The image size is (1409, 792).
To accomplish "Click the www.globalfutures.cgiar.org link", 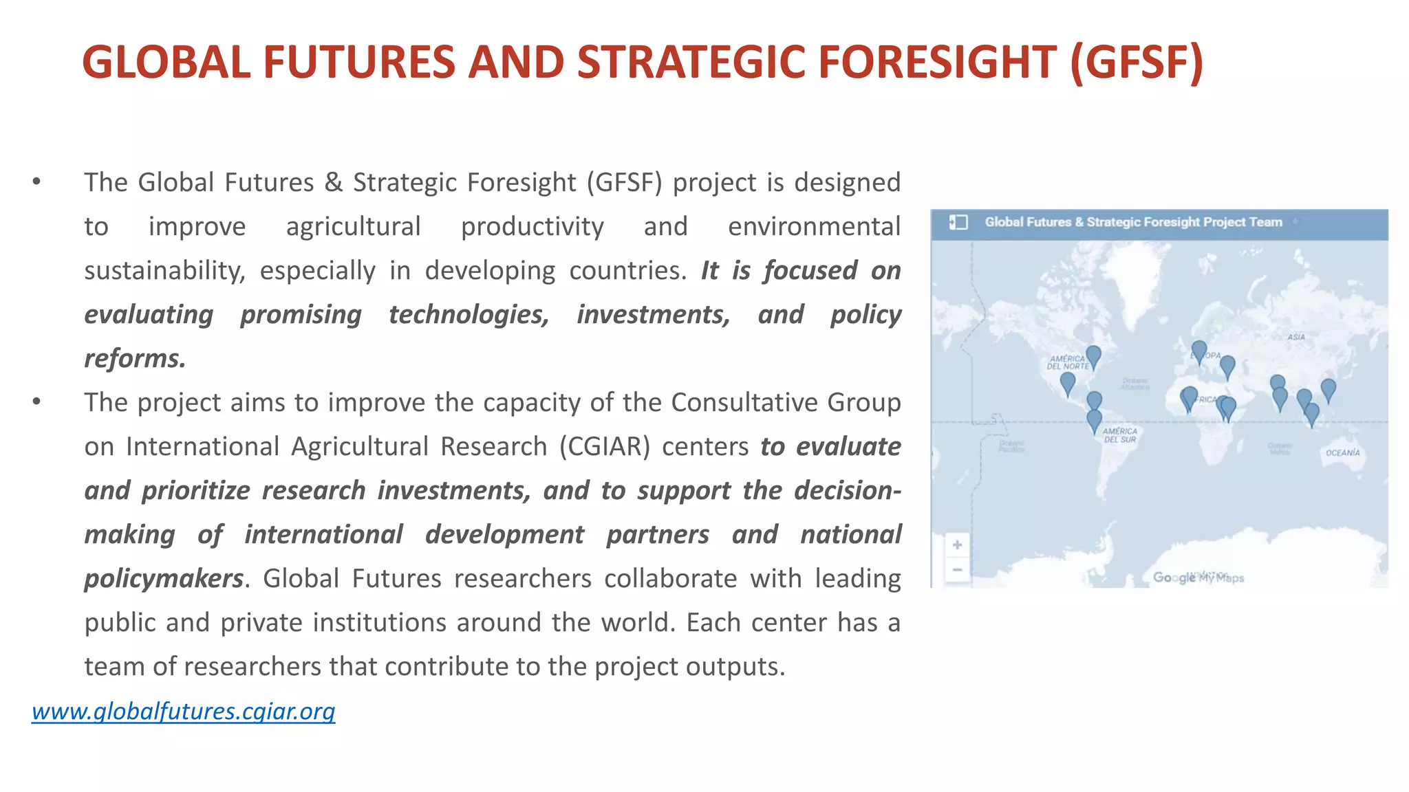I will [x=183, y=711].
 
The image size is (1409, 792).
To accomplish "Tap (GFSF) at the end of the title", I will [x=1137, y=62].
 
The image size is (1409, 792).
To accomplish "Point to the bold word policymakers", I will [x=164, y=579].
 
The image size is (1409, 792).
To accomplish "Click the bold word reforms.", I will [x=135, y=359].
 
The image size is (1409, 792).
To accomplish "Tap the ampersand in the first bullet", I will [x=334, y=183].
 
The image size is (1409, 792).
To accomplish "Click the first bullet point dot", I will [x=36, y=182].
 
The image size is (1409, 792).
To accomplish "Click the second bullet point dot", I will [x=36, y=402].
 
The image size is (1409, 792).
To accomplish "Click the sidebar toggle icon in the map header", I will [x=958, y=222].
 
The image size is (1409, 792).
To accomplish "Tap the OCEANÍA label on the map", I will [x=1342, y=453].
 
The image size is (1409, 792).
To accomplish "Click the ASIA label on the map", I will [x=1296, y=337].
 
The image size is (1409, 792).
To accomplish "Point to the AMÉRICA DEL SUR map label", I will [x=1120, y=435].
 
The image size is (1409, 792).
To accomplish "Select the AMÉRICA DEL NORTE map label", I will [x=1067, y=362].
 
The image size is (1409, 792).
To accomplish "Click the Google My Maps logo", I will [x=1198, y=577].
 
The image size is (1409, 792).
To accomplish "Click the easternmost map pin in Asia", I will [x=1329, y=389].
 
